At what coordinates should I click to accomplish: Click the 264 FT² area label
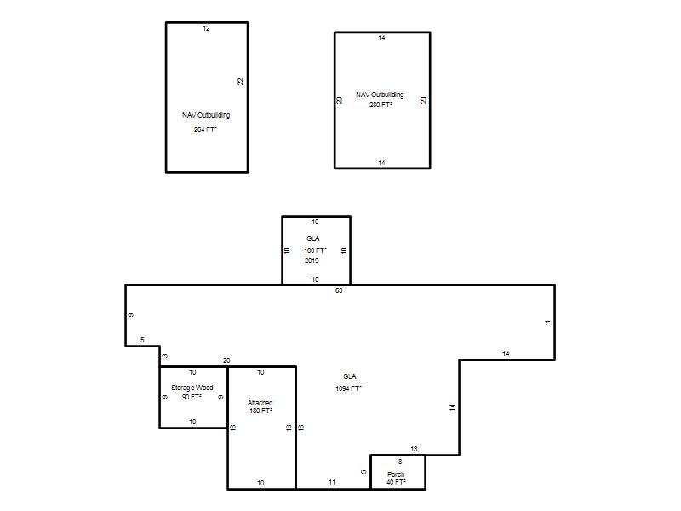205,129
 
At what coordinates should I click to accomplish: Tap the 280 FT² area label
381,105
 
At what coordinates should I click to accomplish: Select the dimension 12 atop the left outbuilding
206,28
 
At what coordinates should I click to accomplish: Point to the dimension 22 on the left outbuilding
241,82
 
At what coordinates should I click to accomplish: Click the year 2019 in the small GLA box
312,261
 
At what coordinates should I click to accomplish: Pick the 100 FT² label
315,250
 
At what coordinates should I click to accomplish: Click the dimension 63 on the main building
339,290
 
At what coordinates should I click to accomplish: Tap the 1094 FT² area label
349,388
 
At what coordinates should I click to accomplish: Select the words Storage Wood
192,388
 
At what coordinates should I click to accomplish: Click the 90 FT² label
192,397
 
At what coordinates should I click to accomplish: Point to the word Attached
260,403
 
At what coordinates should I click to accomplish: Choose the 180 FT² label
260,411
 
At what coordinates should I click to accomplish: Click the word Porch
396,474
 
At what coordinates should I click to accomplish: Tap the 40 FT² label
396,482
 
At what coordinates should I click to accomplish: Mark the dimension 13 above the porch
414,449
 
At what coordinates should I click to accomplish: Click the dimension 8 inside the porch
400,462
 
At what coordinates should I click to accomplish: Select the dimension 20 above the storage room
226,360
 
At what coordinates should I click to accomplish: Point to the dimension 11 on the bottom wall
332,482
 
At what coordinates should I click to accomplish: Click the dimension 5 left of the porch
364,472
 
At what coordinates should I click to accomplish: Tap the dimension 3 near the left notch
165,356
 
